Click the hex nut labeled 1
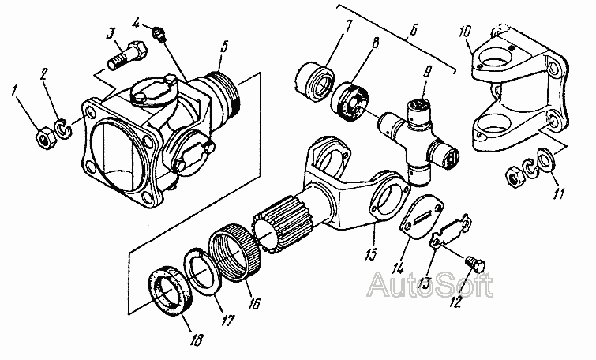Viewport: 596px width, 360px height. [x=46, y=138]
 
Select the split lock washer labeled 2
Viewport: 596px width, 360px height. [x=64, y=129]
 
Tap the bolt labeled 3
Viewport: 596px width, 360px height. [x=128, y=57]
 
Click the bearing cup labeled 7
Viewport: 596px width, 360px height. [x=314, y=82]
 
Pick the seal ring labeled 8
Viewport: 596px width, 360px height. [x=350, y=102]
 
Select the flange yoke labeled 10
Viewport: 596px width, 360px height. [x=519, y=92]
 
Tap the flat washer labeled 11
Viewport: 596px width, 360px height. [x=545, y=159]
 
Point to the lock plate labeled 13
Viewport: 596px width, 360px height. [x=451, y=232]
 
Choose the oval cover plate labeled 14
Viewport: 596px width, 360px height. [x=422, y=216]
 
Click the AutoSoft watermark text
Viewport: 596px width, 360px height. [x=430, y=284]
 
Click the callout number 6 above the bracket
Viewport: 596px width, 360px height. [x=413, y=30]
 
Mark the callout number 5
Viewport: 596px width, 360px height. [x=224, y=47]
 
